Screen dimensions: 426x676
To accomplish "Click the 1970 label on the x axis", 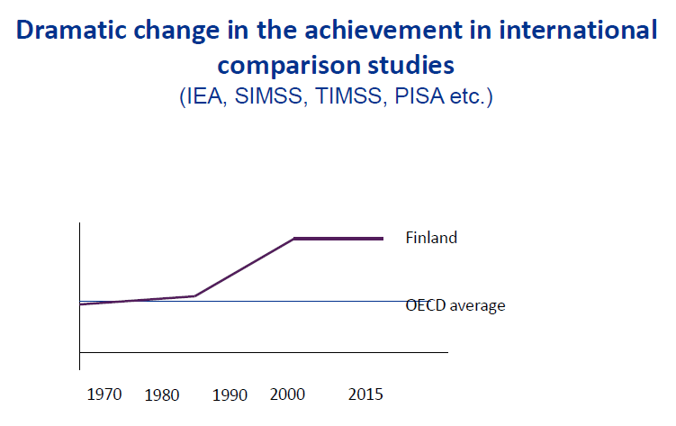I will tap(106, 394).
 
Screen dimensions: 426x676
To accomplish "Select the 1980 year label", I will tap(162, 394).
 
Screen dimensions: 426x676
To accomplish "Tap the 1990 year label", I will tap(230, 394).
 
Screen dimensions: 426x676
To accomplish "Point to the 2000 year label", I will tap(287, 394).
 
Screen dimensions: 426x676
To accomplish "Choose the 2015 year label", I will tap(365, 394).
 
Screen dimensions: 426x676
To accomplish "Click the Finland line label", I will tap(432, 239).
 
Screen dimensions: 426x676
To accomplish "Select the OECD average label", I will tap(455, 305).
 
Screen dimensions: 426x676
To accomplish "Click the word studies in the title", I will tap(410, 66).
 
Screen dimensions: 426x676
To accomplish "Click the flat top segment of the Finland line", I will tap(338, 239).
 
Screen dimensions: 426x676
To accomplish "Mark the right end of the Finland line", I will tap(383, 239).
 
